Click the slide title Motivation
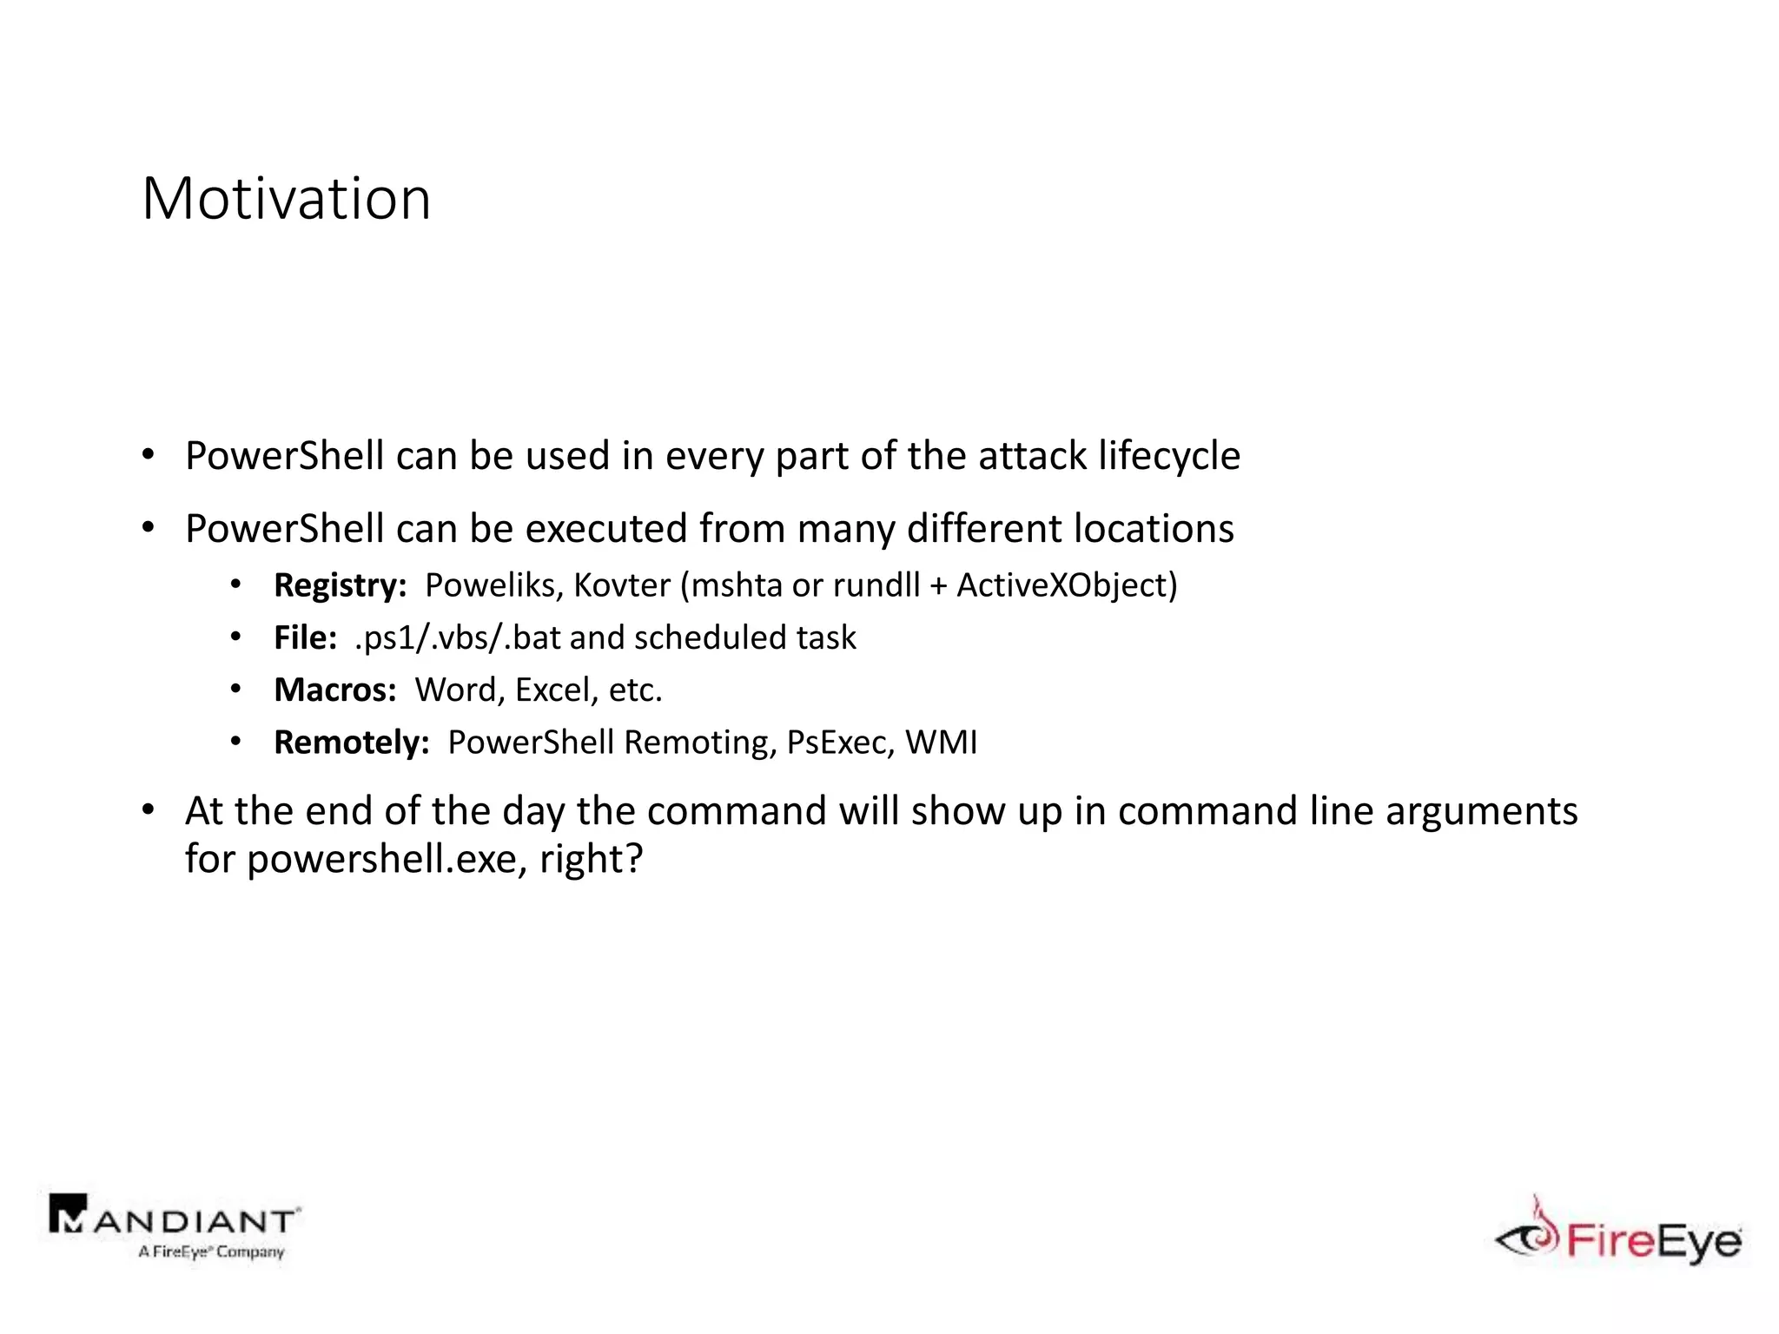click(286, 199)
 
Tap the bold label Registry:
click(340, 585)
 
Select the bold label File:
click(305, 637)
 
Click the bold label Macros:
click(334, 690)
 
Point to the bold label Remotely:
click(351, 743)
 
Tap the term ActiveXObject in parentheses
click(1062, 585)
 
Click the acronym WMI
click(941, 743)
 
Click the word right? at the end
click(591, 860)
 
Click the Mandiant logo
click(174, 1225)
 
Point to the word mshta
click(736, 585)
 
